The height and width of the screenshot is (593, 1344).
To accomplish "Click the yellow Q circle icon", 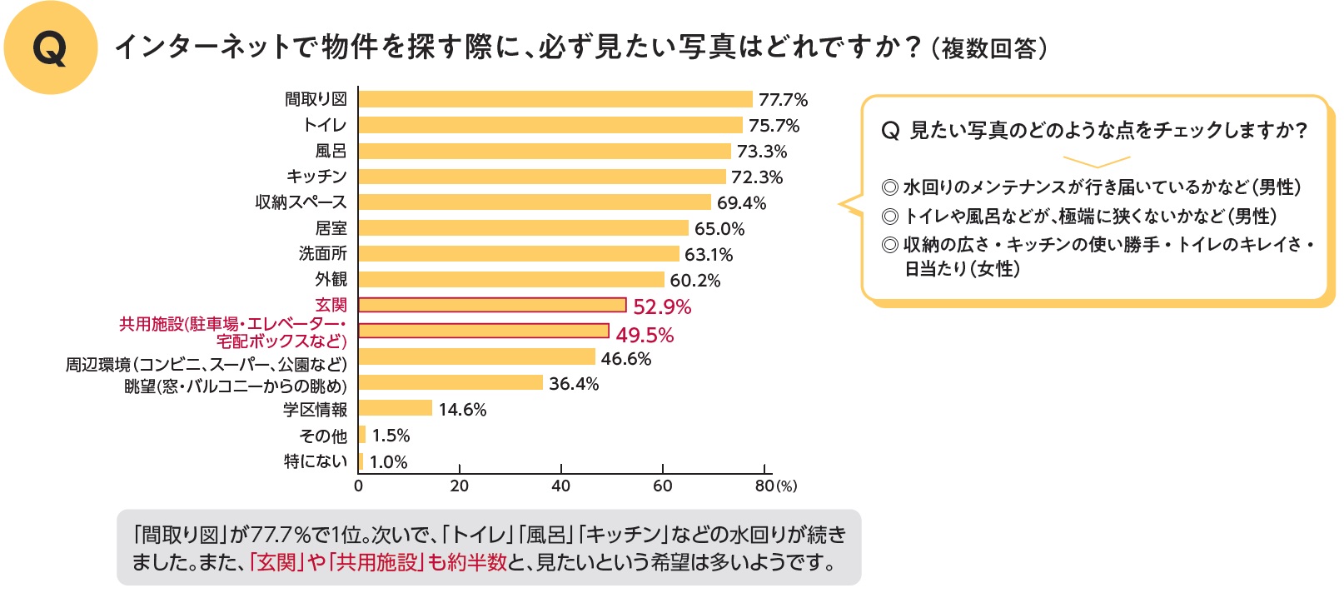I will coord(50,48).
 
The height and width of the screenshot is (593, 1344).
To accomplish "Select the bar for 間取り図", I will coord(555,99).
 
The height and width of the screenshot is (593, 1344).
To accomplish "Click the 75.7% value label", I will coord(774,126).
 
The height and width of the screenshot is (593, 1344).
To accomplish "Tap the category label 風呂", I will coord(331,151).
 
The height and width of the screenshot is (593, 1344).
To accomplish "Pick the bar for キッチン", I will coord(542,177).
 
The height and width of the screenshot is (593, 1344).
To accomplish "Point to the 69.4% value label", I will coord(741,203).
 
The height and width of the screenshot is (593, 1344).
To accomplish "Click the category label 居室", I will coord(331,228).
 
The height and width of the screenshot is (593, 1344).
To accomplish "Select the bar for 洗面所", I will coord(519,254).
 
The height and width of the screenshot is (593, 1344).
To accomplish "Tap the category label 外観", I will coord(331,279).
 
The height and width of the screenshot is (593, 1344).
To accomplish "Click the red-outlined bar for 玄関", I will coord(492,305).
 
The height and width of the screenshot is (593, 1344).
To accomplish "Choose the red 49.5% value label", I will coord(645,335).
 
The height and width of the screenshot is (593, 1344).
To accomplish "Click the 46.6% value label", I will coord(626,359).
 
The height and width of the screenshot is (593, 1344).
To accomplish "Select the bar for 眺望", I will coord(450,382).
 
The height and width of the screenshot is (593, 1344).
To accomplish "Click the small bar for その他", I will coord(362,435).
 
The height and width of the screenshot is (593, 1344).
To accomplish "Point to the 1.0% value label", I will coord(389,462).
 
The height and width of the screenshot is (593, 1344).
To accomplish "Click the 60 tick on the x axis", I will coord(663,486).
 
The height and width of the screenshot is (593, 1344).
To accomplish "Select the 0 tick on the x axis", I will coord(359,486).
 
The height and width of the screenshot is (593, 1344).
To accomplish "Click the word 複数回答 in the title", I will coord(989,48).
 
